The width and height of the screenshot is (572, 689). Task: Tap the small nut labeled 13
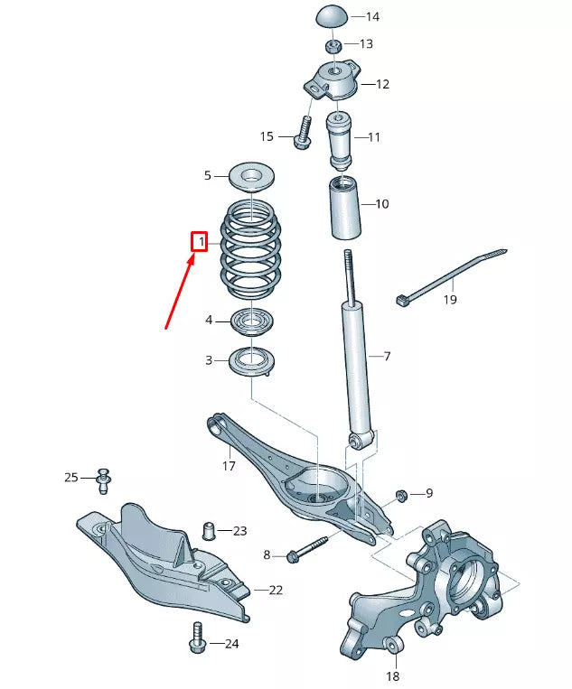coord(333,45)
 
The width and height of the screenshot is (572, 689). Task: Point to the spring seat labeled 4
coord(252,320)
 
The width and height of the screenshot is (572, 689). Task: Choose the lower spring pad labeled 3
coord(252,361)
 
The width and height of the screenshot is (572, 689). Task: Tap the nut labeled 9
coord(400,495)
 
